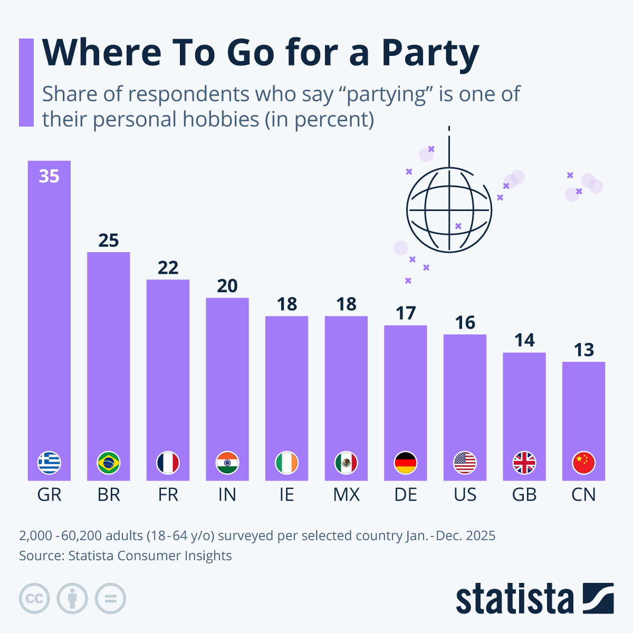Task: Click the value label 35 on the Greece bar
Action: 49,176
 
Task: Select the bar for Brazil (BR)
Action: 109,359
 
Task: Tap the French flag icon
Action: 168,463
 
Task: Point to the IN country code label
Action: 227,495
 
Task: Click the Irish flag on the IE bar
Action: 287,463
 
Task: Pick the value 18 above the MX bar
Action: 346,304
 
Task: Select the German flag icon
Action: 406,463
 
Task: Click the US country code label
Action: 465,495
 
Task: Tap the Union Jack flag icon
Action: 524,463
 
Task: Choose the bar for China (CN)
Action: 583,417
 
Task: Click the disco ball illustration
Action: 449,210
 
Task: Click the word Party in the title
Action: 430,54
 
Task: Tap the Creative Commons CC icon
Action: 34,599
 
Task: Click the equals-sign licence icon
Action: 110,599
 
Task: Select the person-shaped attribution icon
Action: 72,599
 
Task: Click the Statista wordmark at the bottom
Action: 514,599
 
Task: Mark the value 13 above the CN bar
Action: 583,350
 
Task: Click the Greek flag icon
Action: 49,463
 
